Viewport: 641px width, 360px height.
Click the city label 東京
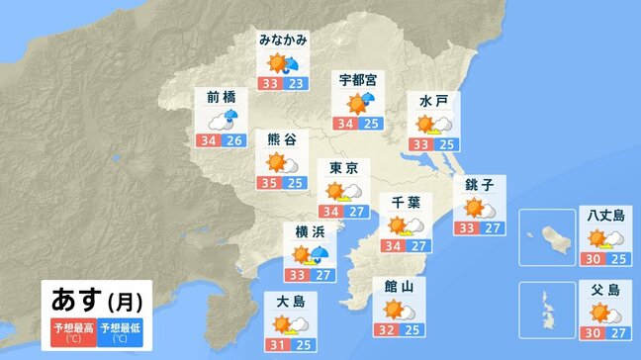[344, 169]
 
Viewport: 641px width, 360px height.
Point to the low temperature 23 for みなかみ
[295, 84]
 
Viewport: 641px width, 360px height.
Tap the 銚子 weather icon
[480, 208]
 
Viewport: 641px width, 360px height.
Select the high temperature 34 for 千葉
[394, 245]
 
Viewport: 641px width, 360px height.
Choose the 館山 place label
[399, 287]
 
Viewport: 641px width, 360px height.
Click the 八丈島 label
[603, 215]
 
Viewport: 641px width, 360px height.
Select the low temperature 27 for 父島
[617, 335]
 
